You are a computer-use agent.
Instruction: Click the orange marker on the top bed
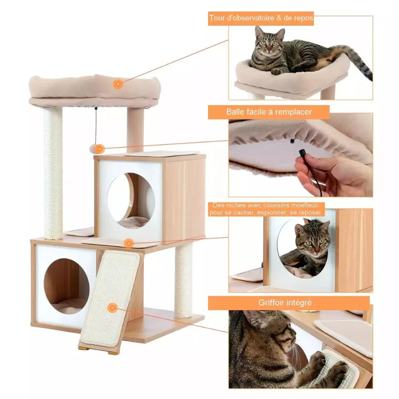117,84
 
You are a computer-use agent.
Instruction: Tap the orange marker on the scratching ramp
112,308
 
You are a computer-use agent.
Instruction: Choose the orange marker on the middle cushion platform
129,243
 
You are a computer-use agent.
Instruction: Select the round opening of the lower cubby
66,286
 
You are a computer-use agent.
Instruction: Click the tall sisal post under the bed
53,173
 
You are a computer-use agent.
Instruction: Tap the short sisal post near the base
183,279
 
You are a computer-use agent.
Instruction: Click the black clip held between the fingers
302,154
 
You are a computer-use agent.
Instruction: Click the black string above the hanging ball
96,126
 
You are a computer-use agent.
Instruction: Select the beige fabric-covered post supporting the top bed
135,130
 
